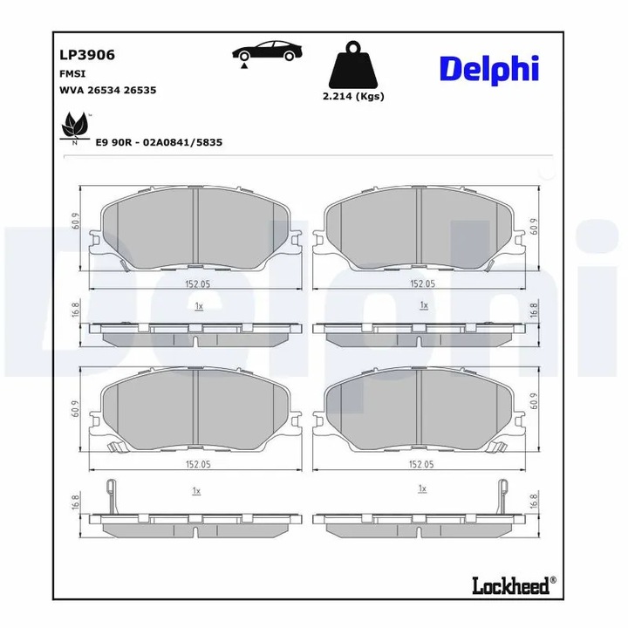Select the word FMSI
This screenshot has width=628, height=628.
point(72,73)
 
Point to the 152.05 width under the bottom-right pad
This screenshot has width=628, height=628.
point(420,465)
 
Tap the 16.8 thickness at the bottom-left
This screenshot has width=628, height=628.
point(76,503)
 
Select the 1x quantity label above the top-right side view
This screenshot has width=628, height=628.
point(422,305)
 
